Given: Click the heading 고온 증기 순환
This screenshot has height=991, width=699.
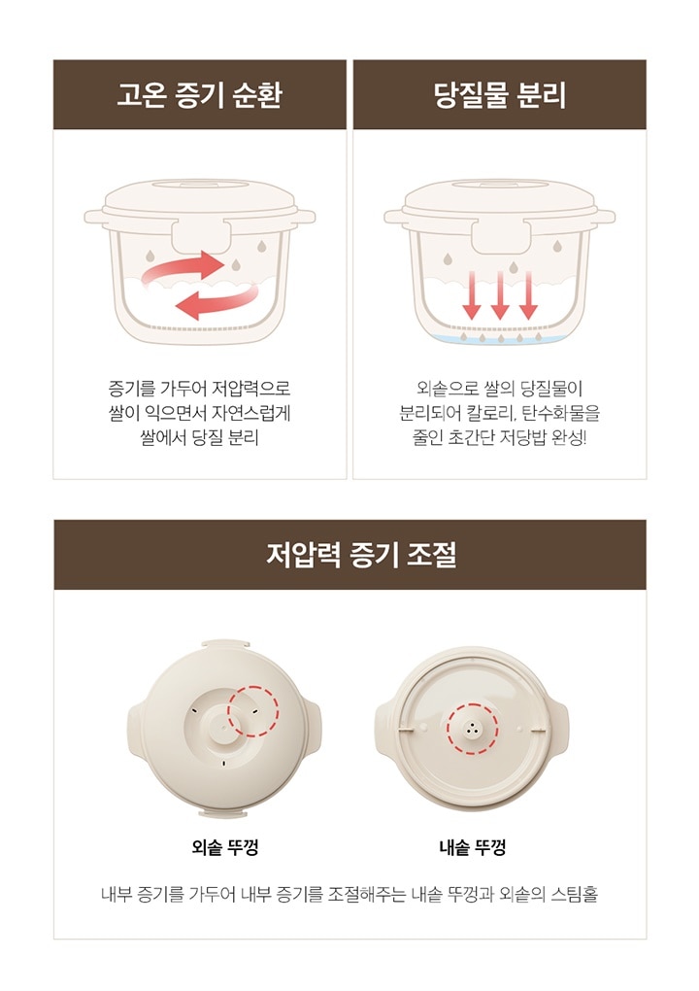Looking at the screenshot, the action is point(200,95).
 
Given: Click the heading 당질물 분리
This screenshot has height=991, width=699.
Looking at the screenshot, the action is point(499,95).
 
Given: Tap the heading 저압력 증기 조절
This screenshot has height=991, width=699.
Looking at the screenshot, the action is point(361,554).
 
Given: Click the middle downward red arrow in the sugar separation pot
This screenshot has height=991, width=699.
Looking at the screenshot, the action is point(499,294).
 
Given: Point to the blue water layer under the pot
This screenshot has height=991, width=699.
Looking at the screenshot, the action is point(499,339).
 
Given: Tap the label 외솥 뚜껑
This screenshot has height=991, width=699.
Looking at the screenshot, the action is point(225,847).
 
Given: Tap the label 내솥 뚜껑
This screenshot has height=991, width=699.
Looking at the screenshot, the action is point(473,847).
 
